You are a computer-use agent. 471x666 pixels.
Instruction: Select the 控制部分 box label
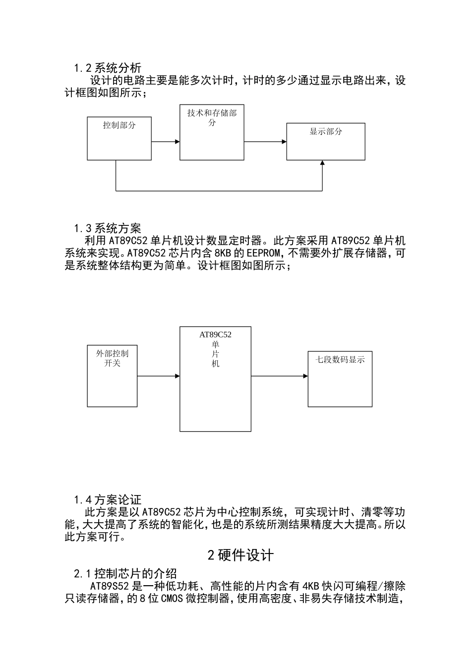click(x=119, y=125)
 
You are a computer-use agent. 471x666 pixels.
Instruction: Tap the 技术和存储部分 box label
click(x=212, y=117)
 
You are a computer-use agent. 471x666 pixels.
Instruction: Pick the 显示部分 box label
click(x=326, y=131)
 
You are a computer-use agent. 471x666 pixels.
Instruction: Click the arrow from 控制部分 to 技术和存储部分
click(x=166, y=142)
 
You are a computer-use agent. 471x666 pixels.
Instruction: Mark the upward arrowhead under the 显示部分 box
click(x=322, y=164)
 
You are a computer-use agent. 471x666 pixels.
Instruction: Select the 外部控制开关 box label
click(x=112, y=358)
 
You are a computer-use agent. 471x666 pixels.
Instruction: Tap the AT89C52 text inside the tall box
click(x=215, y=335)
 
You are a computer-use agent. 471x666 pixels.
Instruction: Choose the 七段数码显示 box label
click(x=340, y=360)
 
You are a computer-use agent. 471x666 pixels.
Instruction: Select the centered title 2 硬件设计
click(x=240, y=555)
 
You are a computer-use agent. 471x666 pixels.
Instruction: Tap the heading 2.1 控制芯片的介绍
click(x=125, y=574)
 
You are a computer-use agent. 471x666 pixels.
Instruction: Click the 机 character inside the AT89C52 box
click(x=215, y=364)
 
